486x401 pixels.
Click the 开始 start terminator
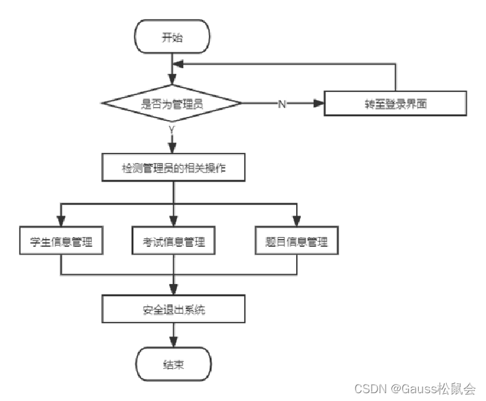(172, 37)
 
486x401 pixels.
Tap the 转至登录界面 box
(395, 104)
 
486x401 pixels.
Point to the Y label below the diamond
(172, 131)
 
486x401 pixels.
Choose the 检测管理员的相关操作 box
(173, 169)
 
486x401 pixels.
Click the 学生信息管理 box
(61, 242)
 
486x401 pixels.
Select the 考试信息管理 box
(173, 242)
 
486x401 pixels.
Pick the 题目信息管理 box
(297, 242)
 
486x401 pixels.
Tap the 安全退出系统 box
(173, 310)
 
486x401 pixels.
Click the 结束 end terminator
(173, 364)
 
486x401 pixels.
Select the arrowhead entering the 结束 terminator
(173, 342)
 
